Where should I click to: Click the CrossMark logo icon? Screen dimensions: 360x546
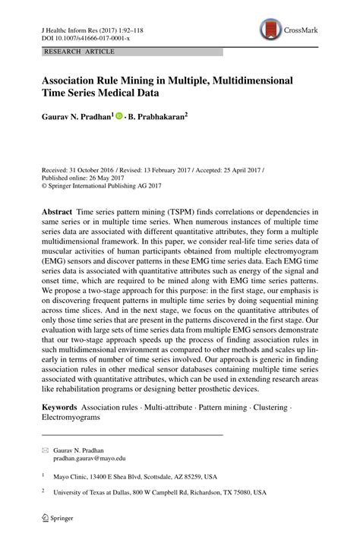click(270, 30)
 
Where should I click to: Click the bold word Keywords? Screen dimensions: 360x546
click(61, 407)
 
